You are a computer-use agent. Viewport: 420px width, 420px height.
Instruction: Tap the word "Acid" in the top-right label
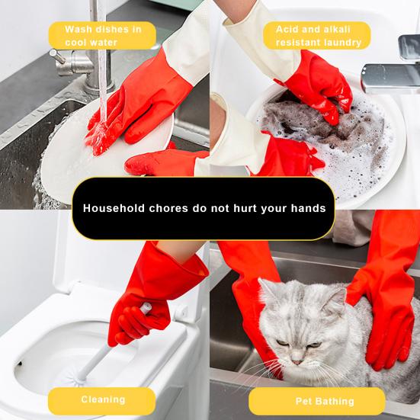pos(278,29)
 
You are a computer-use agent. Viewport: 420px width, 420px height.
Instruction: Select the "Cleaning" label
pos(102,399)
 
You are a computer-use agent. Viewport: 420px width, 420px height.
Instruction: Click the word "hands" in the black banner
pos(305,208)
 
